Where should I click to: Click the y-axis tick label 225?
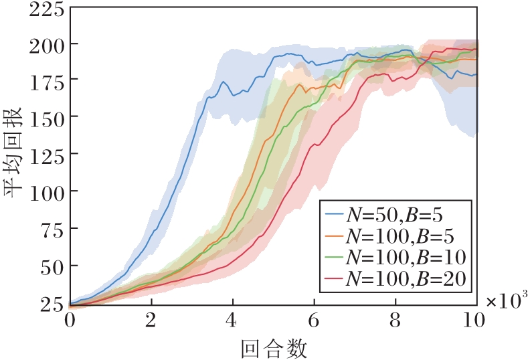47,11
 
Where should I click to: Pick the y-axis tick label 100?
47,191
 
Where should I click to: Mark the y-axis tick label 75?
52,228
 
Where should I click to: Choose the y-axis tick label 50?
52,266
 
